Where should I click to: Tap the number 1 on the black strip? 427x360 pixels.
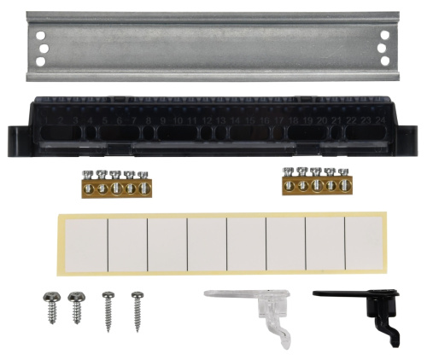click(x=47, y=122)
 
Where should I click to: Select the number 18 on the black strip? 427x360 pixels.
click(x=293, y=122)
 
